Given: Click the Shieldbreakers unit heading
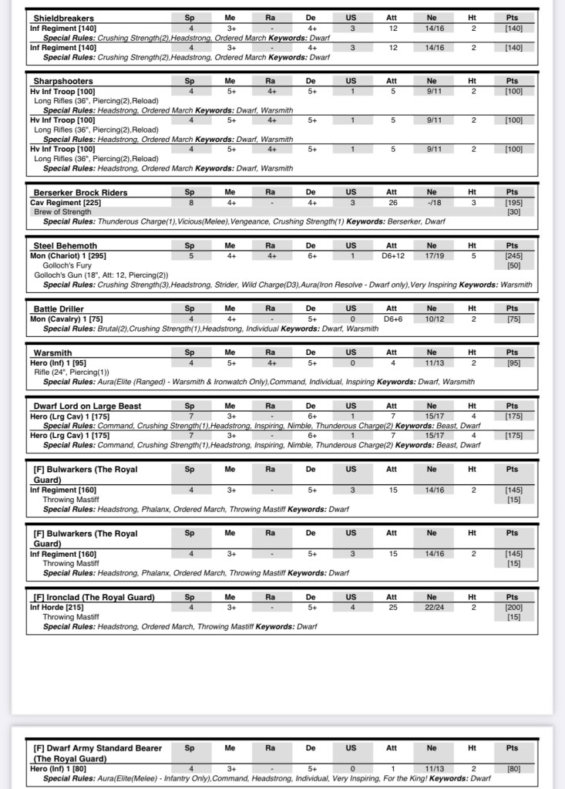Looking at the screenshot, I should coord(64,17).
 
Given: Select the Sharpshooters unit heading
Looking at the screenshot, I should coord(63,81).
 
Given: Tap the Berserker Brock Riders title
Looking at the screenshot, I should coord(80,192).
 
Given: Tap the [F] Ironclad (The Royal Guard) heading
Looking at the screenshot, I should coord(94,597).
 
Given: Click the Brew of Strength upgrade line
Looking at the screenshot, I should coord(62,211).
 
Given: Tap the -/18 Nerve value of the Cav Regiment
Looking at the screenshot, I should coord(432,202).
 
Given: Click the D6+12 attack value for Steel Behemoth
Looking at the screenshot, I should coord(392,255).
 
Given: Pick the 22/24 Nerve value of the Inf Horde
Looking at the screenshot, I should coord(432,607).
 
